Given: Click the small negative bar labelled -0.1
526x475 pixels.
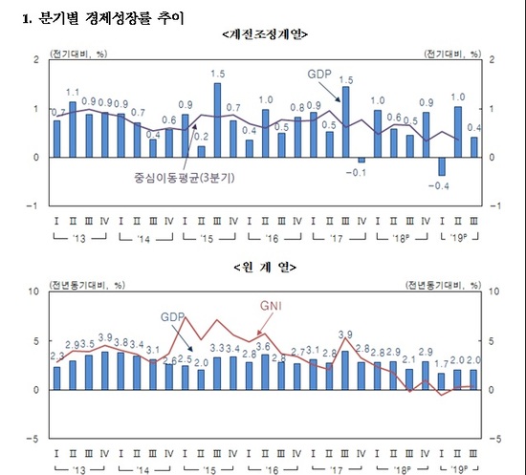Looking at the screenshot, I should point(361,160).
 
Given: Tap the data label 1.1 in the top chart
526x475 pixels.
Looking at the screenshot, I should point(73,93).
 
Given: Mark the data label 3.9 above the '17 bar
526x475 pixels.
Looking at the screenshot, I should point(345,335).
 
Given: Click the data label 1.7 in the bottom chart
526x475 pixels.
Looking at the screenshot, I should point(442,364).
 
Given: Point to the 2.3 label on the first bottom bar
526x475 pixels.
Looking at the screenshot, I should point(56,356).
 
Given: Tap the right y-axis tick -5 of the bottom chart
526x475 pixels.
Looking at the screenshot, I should point(494,439).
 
